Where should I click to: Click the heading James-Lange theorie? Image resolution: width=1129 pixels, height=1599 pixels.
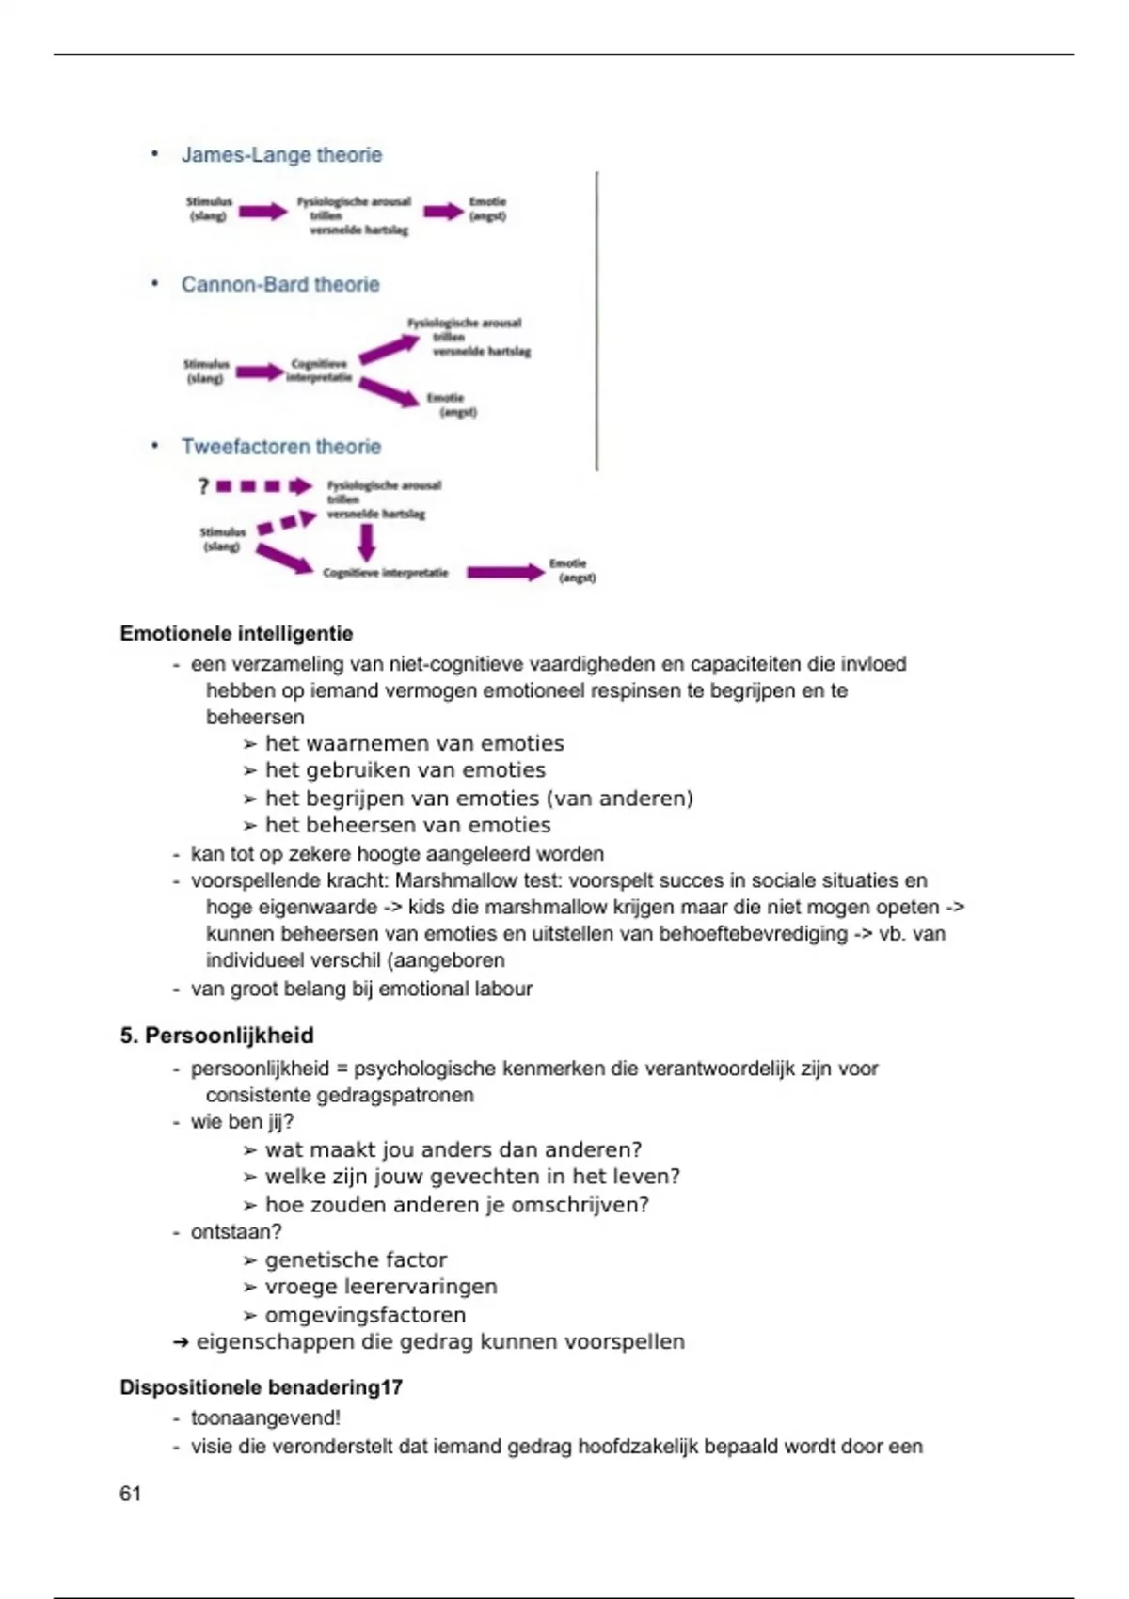(x=281, y=155)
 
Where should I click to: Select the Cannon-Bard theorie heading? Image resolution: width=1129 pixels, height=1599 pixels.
(x=280, y=284)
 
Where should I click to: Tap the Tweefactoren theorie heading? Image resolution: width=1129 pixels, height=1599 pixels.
(x=281, y=447)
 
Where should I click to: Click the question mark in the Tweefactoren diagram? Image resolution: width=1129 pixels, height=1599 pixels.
(x=203, y=486)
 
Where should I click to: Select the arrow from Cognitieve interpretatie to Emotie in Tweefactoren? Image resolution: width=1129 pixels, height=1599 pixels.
(x=505, y=572)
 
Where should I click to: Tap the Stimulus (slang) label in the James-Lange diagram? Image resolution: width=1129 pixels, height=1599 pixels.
(x=209, y=209)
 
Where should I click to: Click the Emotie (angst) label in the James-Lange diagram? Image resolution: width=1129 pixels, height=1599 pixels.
(x=487, y=209)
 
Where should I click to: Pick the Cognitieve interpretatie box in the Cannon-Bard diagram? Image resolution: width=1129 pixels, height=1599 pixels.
(x=319, y=371)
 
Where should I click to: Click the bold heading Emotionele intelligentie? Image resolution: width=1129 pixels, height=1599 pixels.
(x=236, y=634)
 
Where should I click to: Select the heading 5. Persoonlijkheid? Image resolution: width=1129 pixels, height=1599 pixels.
(x=216, y=1036)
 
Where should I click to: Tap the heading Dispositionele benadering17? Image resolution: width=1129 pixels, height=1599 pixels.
(x=261, y=1387)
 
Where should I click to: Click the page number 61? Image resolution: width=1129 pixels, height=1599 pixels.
(x=130, y=1494)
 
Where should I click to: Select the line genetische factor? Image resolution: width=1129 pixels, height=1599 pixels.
(x=356, y=1259)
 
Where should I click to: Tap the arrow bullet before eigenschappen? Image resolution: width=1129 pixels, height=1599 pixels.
(x=182, y=1342)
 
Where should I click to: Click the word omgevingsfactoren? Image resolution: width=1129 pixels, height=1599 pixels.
(x=365, y=1315)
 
